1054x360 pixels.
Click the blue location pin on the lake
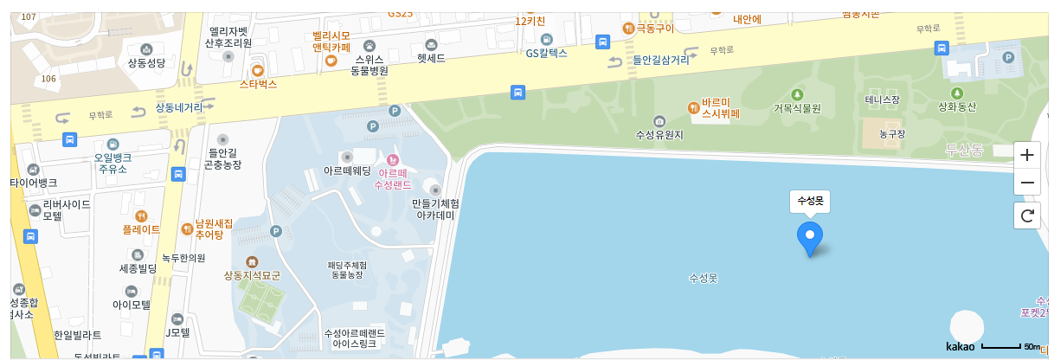click(x=810, y=236)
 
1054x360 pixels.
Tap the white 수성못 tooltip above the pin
click(x=810, y=202)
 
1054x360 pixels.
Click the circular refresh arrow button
click(x=1027, y=215)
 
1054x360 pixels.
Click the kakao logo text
click(x=960, y=347)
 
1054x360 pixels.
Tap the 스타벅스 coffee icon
click(x=257, y=70)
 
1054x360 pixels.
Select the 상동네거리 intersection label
click(x=179, y=108)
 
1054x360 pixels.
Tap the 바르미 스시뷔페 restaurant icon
click(x=693, y=107)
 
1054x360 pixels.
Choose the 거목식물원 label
click(x=796, y=108)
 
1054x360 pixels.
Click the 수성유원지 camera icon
click(x=659, y=121)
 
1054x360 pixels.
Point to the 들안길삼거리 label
click(x=661, y=61)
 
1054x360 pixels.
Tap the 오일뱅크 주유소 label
click(x=112, y=163)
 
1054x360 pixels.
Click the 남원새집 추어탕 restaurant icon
click(x=187, y=228)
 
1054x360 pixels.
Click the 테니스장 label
click(x=883, y=100)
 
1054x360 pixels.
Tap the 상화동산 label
click(x=957, y=106)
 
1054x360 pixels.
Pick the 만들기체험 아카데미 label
click(x=435, y=209)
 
